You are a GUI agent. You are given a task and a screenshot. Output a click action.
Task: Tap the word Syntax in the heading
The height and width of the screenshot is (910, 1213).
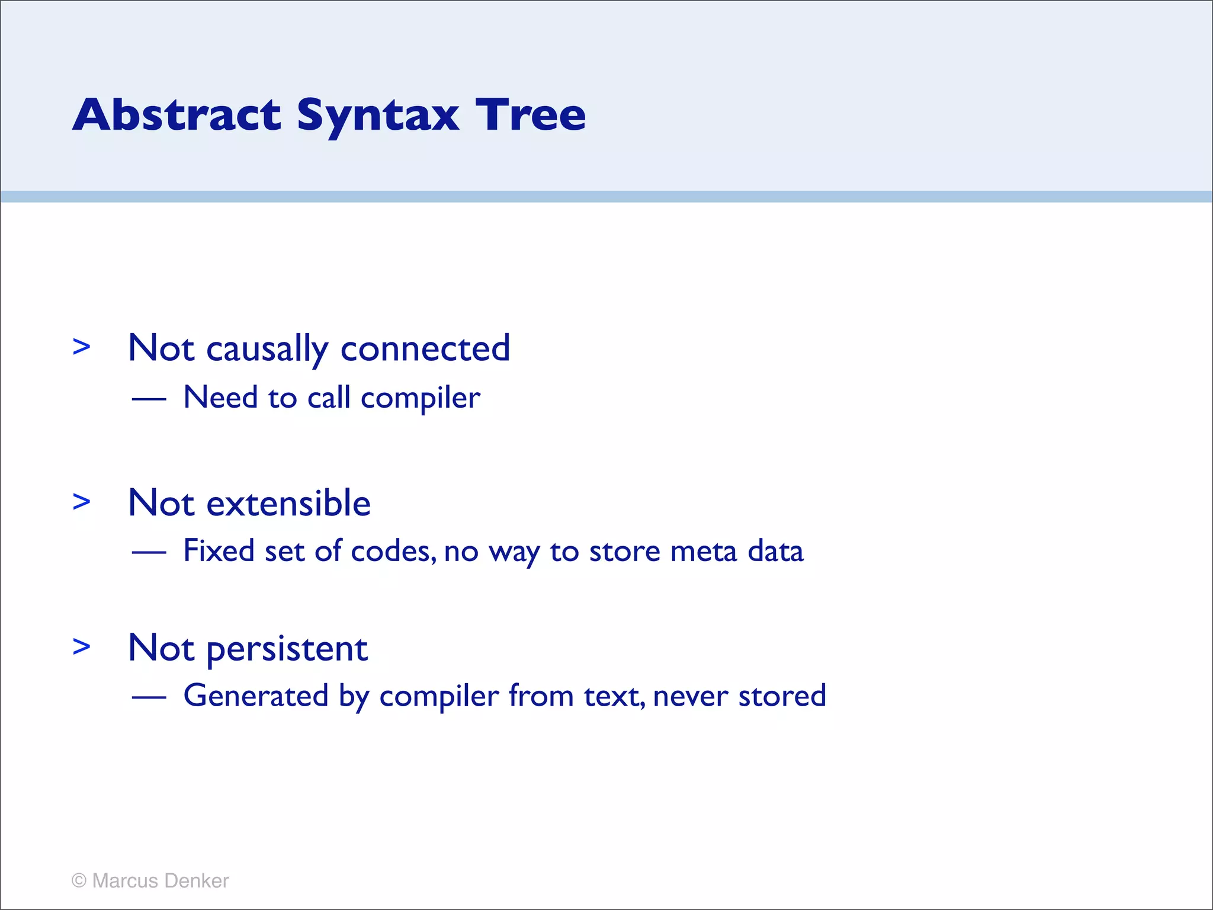(378, 116)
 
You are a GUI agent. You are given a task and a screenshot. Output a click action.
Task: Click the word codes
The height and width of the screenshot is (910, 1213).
(393, 552)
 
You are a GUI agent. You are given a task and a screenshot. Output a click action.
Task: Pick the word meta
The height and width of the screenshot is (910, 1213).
(704, 552)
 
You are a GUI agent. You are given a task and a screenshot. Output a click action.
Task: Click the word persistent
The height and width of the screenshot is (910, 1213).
(287, 649)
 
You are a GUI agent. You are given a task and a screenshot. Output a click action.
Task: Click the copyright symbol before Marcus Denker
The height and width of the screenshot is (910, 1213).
(79, 881)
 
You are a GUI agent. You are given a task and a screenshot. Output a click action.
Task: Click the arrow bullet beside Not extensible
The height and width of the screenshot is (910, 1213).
(81, 502)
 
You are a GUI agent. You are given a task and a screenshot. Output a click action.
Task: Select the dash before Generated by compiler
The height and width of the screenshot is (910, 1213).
(149, 697)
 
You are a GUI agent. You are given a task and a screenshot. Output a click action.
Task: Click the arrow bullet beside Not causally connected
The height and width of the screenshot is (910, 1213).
(81, 347)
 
